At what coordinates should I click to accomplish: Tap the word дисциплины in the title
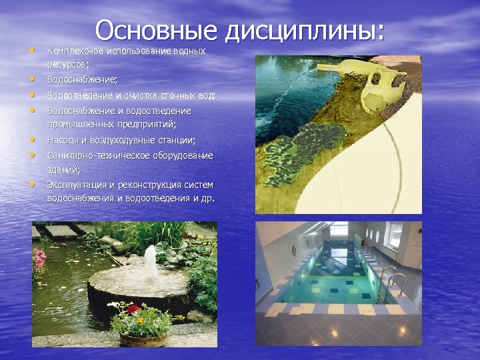(305, 31)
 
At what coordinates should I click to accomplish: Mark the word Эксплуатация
(77, 184)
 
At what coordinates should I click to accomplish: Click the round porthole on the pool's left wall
(293, 251)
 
